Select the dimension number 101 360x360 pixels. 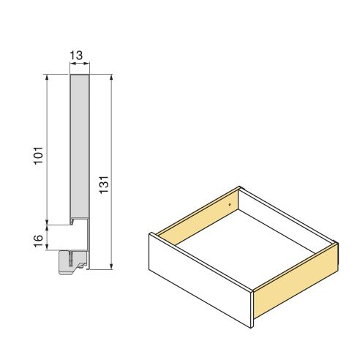[40, 154]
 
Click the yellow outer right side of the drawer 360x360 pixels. [296, 281]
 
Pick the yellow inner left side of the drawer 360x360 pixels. [198, 216]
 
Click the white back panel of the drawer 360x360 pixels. [285, 220]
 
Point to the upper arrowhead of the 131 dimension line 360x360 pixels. [110, 76]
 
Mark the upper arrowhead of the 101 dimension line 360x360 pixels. [48, 76]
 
